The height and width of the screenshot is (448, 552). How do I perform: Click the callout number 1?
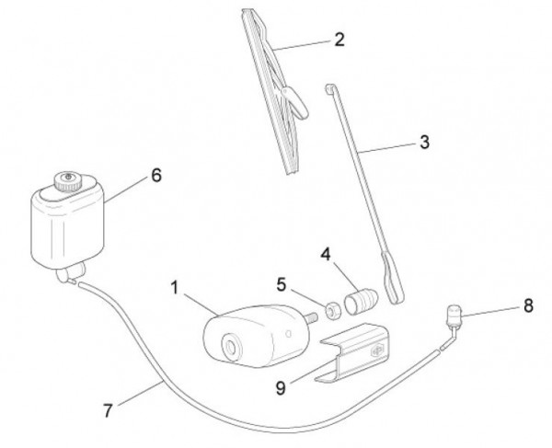pyautogui.click(x=175, y=288)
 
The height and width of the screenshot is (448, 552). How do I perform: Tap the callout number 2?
pyautogui.click(x=339, y=40)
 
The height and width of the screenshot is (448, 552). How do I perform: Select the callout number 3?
pyautogui.click(x=424, y=143)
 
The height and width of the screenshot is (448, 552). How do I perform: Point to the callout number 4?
pyautogui.click(x=326, y=254)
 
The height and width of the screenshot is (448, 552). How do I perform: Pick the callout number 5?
pyautogui.click(x=281, y=284)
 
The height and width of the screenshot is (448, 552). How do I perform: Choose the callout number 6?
pyautogui.click(x=156, y=175)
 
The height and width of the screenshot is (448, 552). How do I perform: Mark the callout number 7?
pyautogui.click(x=108, y=410)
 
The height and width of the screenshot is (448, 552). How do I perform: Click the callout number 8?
pyautogui.click(x=528, y=305)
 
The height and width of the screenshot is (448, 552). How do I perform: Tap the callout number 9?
pyautogui.click(x=281, y=388)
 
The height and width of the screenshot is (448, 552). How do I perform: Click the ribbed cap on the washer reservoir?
pyautogui.click(x=68, y=181)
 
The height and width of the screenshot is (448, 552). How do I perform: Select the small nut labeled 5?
pyautogui.click(x=332, y=311)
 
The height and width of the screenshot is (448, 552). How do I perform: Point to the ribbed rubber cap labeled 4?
pyautogui.click(x=361, y=300)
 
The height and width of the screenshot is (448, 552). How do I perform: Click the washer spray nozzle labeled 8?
pyautogui.click(x=454, y=314)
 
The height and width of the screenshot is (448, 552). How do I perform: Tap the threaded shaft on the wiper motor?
pyautogui.click(x=312, y=318)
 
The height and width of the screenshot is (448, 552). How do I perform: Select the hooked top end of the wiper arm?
pyautogui.click(x=330, y=88)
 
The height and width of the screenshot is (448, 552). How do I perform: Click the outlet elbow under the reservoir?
pyautogui.click(x=71, y=273)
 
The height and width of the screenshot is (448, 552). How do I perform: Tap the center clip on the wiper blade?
pyautogui.click(x=295, y=101)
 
